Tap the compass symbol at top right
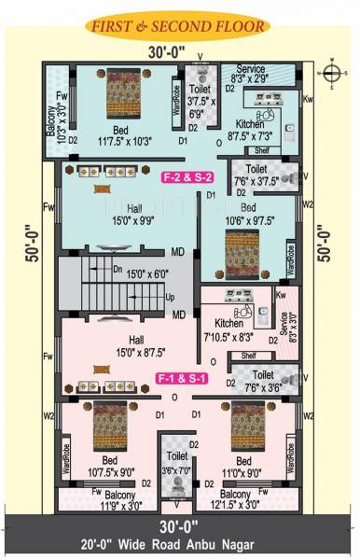(334, 73)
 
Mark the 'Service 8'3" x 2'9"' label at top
(250, 75)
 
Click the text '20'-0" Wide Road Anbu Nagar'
(179, 544)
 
